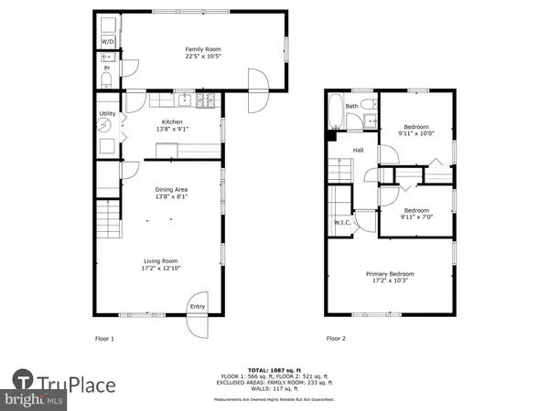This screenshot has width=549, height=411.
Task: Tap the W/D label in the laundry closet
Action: point(107,41)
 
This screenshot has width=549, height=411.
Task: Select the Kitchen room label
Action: point(173,121)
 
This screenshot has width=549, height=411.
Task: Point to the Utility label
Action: point(107,114)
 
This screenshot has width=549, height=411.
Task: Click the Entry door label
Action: point(197,307)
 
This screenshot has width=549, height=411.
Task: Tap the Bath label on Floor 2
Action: point(351,106)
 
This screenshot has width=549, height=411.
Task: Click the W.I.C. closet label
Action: point(343,222)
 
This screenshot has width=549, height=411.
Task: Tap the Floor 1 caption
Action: point(105,338)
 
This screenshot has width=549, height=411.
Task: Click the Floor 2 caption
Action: point(338,338)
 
